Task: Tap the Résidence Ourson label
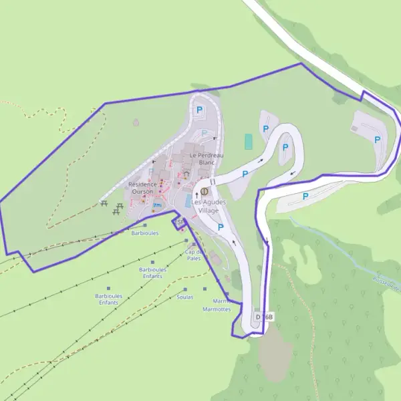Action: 142,188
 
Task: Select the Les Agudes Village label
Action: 209,206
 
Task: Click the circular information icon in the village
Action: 204,191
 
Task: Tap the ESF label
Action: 178,222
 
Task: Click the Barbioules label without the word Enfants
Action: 145,234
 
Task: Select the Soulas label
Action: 185,297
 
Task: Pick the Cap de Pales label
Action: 194,255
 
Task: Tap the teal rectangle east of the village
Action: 249,142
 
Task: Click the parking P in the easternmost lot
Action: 378,140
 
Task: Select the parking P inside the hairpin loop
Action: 285,147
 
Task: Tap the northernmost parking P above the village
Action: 198,110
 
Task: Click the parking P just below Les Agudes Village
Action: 221,227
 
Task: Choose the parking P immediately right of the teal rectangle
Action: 265,128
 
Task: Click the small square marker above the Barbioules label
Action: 145,225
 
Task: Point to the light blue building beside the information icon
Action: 188,200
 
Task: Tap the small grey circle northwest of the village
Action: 136,122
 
